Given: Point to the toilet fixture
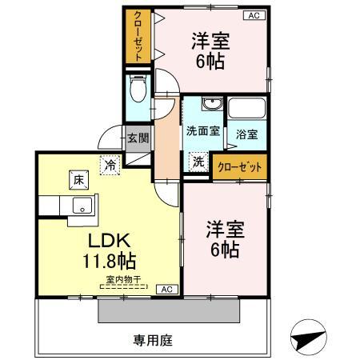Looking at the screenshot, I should pyautogui.click(x=137, y=89).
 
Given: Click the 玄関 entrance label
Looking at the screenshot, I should pyautogui.click(x=137, y=137).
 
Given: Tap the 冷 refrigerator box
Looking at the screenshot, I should pyautogui.click(x=109, y=165).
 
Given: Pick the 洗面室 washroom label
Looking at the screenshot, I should pyautogui.click(x=202, y=132).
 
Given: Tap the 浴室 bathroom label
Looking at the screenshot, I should pyautogui.click(x=246, y=135).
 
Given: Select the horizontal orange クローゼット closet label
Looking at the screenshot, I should pyautogui.click(x=238, y=167).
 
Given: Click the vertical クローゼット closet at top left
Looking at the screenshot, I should pyautogui.click(x=138, y=38).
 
